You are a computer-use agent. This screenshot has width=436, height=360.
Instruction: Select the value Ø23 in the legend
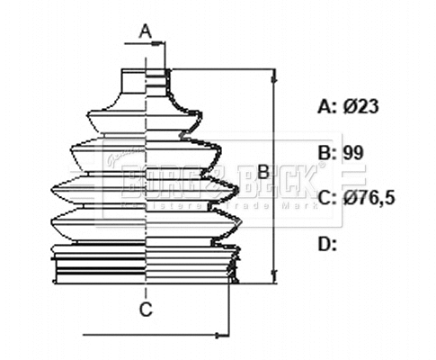click(x=361, y=106)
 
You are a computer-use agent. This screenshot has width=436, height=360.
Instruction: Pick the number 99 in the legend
click(x=354, y=152)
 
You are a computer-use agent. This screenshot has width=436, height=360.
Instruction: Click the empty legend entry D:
click(x=328, y=243)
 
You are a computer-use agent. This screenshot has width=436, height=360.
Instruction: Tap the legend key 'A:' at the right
click(x=328, y=106)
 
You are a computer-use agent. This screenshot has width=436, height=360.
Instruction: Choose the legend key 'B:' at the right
click(x=328, y=152)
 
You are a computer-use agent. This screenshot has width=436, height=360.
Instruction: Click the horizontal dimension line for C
click(x=153, y=336)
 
